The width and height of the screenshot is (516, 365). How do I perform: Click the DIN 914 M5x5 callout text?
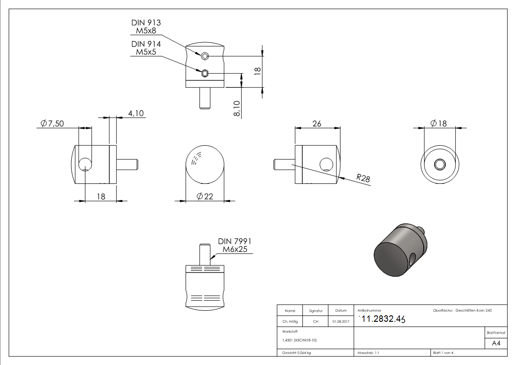[x=146, y=48]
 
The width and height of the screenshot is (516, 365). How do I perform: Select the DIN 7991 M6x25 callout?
[x=234, y=245]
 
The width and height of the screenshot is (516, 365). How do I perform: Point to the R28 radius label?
[x=363, y=178]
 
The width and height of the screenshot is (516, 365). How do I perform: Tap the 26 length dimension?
[x=317, y=124]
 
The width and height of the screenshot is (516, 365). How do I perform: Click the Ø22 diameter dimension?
[x=204, y=196]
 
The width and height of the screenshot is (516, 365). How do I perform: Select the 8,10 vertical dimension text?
[x=236, y=109]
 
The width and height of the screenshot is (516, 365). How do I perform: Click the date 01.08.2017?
[x=340, y=322]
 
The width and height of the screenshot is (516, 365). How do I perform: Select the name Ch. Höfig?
[x=289, y=322]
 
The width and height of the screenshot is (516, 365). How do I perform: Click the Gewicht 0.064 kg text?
[x=296, y=353]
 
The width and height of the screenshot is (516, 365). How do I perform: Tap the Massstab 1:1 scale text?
[x=369, y=353]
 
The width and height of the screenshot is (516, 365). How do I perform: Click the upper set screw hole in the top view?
[x=205, y=56]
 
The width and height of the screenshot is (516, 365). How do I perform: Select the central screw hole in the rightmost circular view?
[x=440, y=164]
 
